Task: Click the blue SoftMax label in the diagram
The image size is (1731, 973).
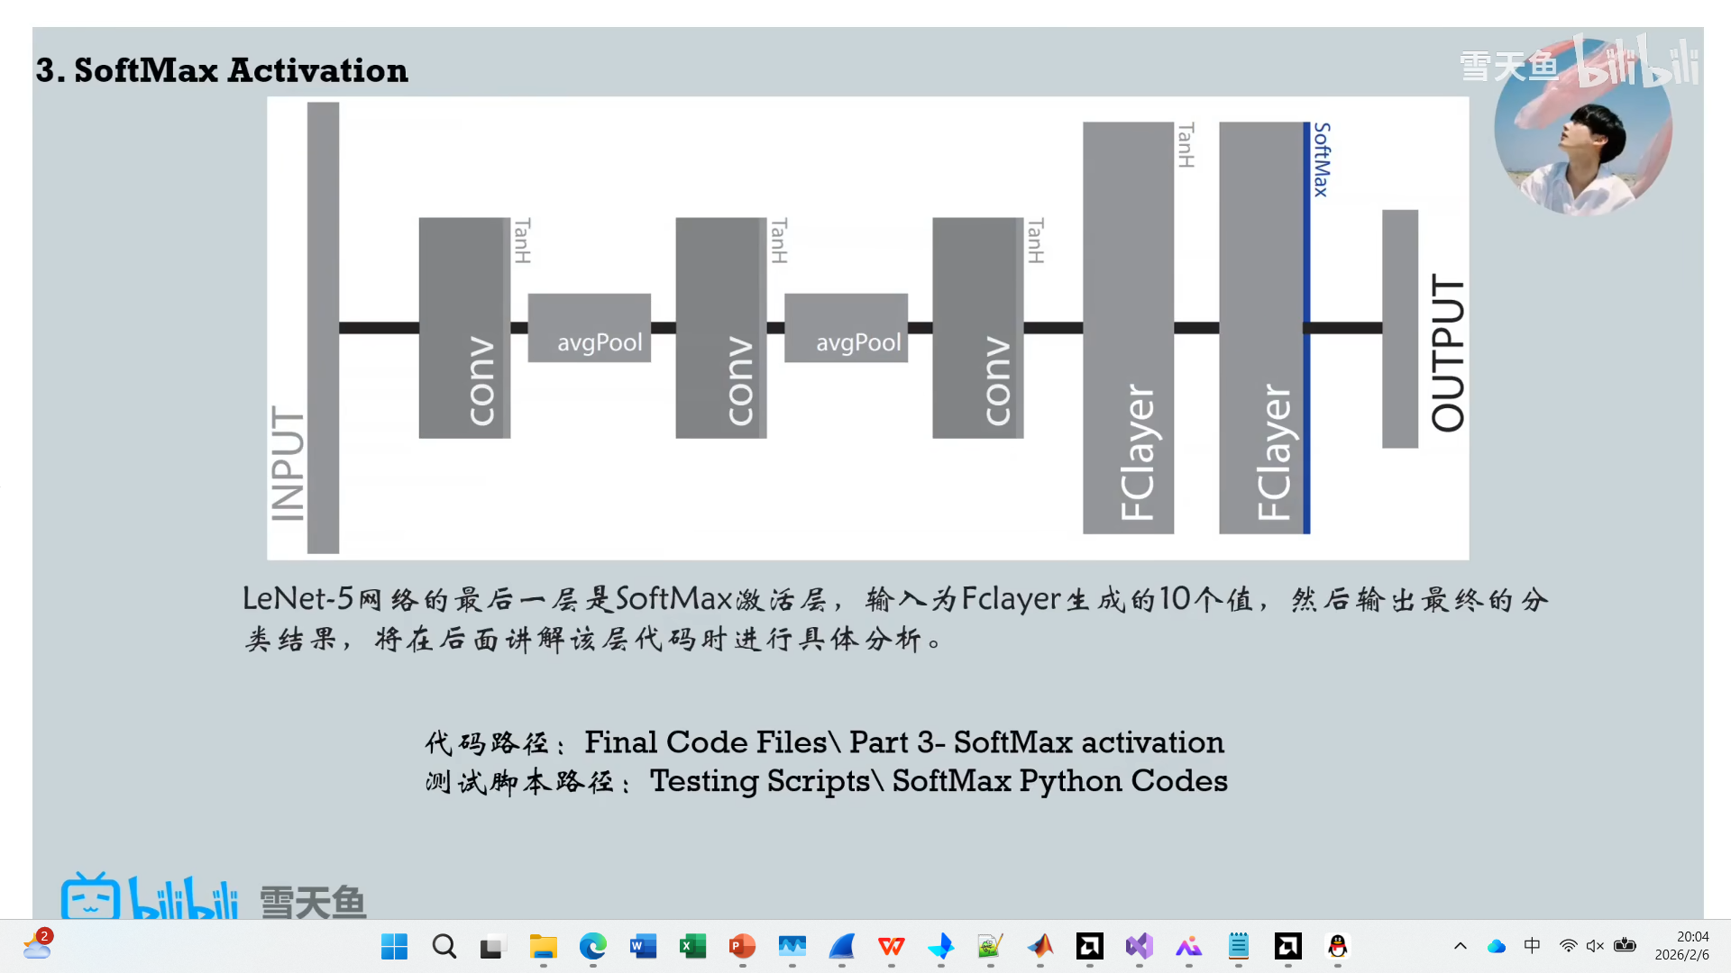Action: pos(1321,159)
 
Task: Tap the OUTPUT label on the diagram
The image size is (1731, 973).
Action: pos(1448,353)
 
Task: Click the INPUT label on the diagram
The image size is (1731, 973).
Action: pos(288,463)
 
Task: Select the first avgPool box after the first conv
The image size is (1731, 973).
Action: pos(590,328)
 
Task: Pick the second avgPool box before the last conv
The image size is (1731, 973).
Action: pos(846,328)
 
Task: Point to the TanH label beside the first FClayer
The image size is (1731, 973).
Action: pos(1186,145)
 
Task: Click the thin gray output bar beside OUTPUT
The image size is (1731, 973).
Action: pos(1399,329)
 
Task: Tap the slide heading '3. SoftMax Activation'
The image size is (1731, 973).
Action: pos(222,70)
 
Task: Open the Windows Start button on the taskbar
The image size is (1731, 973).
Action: pos(394,946)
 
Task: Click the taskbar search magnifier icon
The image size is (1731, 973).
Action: pos(444,946)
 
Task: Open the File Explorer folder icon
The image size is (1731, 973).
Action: pos(543,946)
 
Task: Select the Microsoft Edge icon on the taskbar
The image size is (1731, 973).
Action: pos(592,946)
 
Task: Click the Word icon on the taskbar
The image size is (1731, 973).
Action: pos(643,946)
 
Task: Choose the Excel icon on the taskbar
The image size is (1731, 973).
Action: pos(692,946)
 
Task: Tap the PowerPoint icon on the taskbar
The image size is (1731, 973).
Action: pos(742,946)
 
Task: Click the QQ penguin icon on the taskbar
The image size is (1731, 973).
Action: pos(1338,946)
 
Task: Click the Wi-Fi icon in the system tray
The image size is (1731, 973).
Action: pos(1569,946)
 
